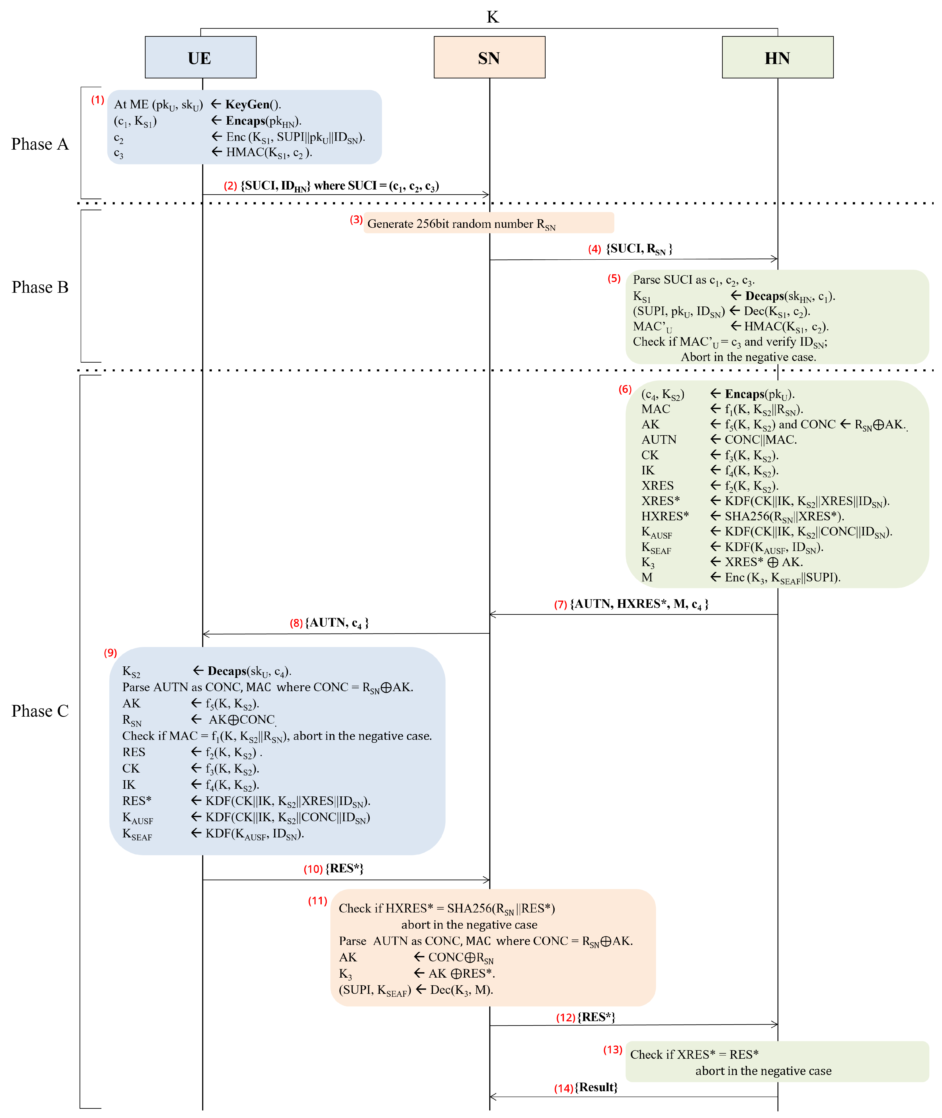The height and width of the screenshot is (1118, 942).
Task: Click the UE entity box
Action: (x=200, y=58)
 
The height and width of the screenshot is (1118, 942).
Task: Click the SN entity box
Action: (x=489, y=58)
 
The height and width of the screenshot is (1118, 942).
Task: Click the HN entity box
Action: (x=777, y=58)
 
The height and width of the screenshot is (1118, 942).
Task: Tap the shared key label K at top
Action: (x=492, y=17)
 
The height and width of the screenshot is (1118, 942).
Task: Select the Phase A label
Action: (x=40, y=144)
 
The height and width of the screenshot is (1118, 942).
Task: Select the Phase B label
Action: (x=40, y=287)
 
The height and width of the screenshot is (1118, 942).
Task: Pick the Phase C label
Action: (x=40, y=711)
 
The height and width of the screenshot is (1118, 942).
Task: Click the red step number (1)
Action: (x=97, y=100)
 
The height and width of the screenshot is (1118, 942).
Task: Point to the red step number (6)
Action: (x=625, y=389)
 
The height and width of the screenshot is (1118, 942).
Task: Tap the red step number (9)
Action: (x=110, y=652)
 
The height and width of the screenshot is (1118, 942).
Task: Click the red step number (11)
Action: (x=317, y=901)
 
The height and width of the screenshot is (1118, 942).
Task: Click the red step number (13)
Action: (x=613, y=1050)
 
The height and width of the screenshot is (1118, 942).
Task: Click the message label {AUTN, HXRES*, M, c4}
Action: (x=639, y=604)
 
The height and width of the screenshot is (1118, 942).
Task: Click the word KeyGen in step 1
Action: (x=247, y=105)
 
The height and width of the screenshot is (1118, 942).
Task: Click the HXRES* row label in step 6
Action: (x=665, y=516)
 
